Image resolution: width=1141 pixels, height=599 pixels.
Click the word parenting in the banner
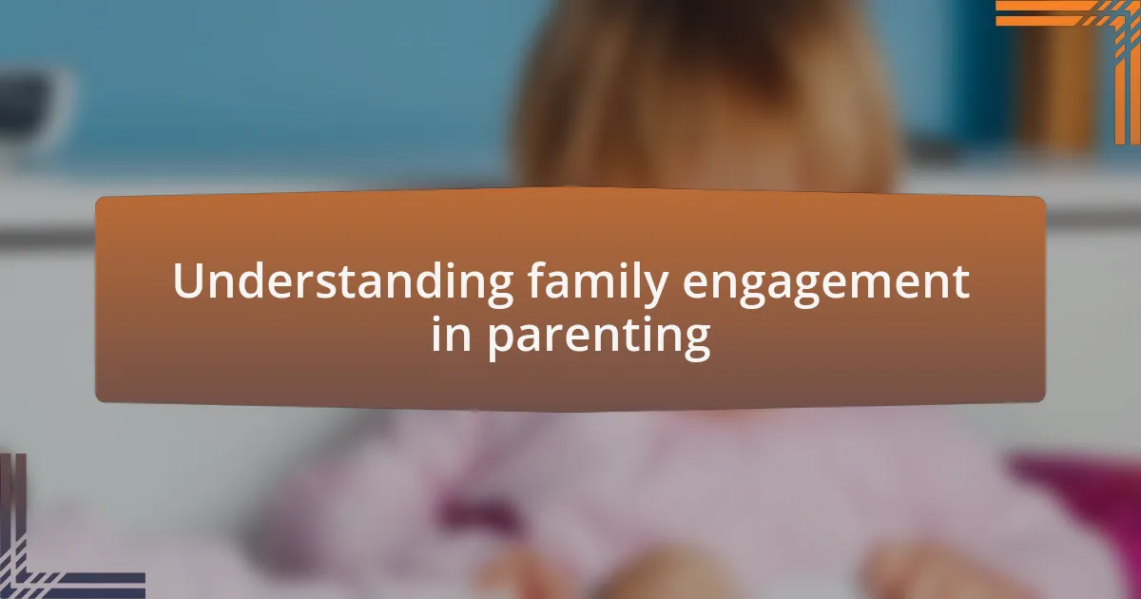coord(599,338)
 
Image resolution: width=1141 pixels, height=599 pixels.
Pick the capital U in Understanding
coord(187,282)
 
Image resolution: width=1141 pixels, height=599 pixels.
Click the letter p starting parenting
coord(499,342)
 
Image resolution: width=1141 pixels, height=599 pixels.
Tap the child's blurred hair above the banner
coord(704,105)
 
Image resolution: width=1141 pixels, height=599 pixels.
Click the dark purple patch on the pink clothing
coord(475,504)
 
